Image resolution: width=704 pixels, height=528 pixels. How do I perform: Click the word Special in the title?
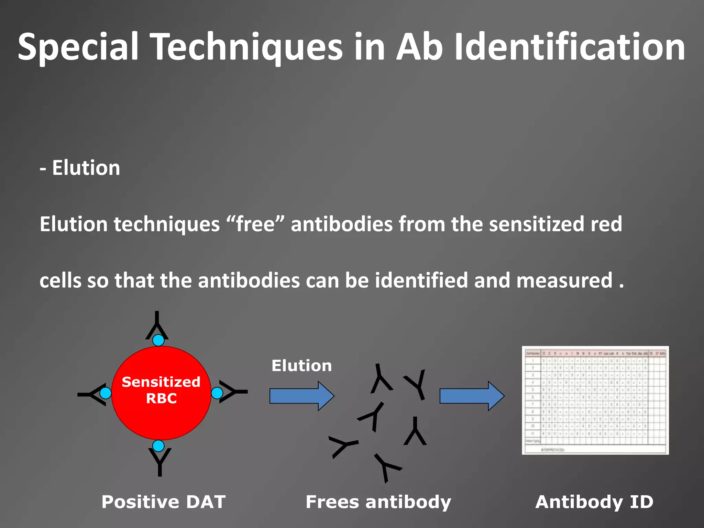(78, 47)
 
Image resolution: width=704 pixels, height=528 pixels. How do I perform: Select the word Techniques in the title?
(247, 47)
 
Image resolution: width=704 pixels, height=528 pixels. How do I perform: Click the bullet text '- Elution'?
(80, 168)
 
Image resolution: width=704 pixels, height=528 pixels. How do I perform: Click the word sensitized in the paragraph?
(536, 224)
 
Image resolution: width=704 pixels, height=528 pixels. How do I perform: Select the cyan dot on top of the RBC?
(158, 340)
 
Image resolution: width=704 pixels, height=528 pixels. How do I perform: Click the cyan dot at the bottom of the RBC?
(158, 446)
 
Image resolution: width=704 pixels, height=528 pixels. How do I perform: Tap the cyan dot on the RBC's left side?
(106, 393)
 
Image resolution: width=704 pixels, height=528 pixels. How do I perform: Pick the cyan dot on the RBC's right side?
(217, 393)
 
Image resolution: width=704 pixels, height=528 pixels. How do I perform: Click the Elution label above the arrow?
(301, 366)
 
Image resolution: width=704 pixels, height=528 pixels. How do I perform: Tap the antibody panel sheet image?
(595, 400)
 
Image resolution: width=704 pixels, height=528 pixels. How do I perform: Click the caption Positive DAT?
(163, 502)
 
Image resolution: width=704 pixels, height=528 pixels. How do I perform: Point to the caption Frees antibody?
(378, 502)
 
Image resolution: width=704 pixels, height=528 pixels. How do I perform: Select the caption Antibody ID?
(594, 502)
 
